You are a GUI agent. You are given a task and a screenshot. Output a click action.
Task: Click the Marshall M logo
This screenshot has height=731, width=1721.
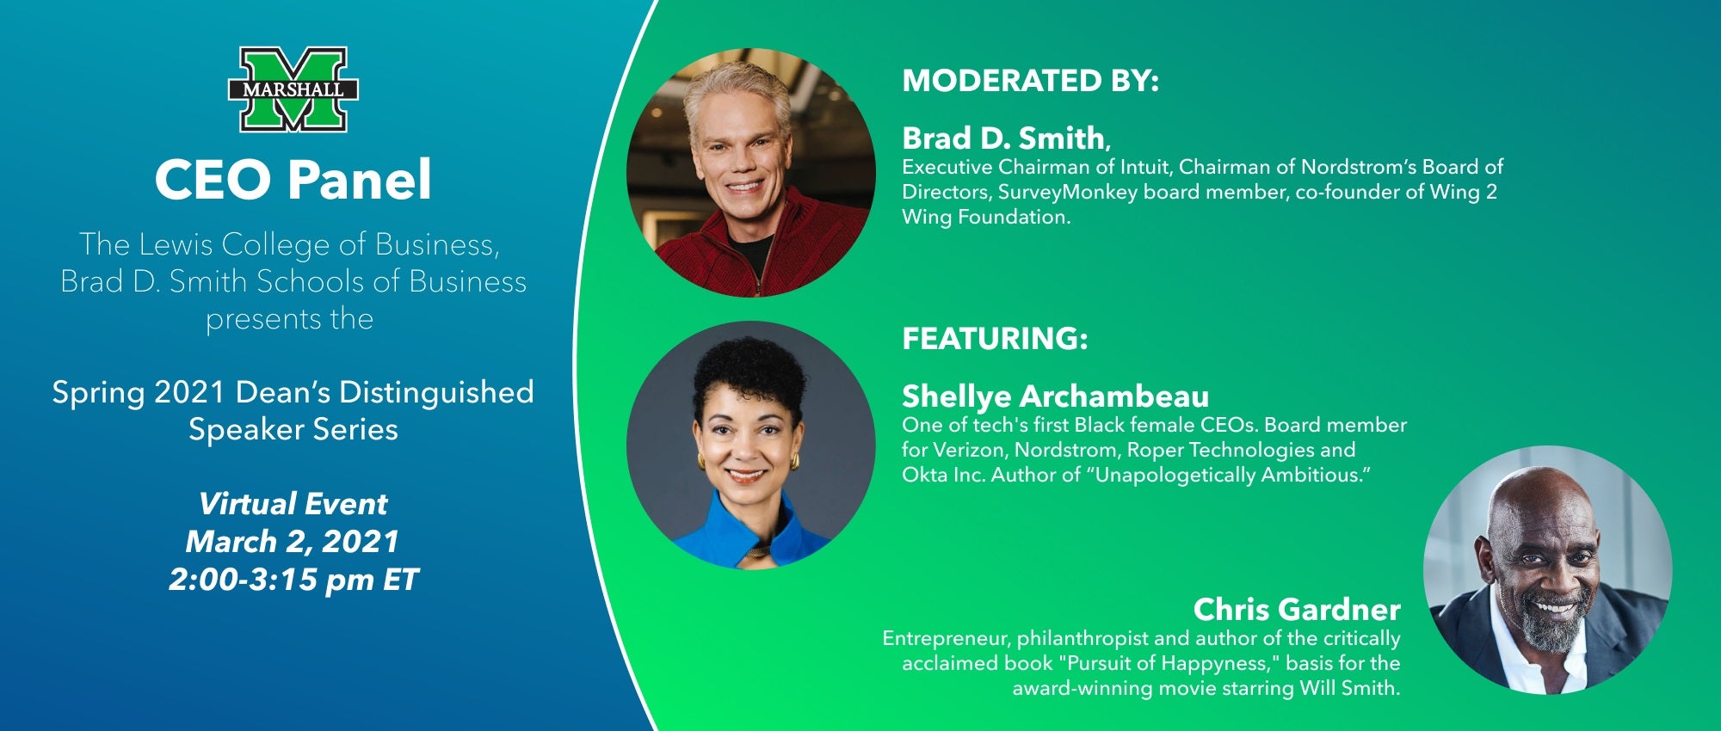[x=293, y=89]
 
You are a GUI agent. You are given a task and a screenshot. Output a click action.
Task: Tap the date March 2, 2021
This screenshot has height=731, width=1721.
[x=293, y=542]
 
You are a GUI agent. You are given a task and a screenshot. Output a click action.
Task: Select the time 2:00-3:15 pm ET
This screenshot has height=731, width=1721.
[x=293, y=580]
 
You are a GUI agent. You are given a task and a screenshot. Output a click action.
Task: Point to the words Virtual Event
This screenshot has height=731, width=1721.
[x=293, y=503]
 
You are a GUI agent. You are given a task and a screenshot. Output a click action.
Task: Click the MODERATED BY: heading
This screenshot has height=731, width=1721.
[x=1030, y=80]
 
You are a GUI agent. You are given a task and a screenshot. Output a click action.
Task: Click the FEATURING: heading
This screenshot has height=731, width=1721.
[x=995, y=338]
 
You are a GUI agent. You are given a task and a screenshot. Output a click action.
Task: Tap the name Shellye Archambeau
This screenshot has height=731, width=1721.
[x=1055, y=396]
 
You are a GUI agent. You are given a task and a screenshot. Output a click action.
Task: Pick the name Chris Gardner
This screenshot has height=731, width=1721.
[x=1297, y=609]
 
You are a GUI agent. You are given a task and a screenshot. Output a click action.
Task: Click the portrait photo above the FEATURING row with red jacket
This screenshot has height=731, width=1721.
[x=751, y=173]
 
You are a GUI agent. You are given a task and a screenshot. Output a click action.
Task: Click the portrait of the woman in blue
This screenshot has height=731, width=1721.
[x=751, y=445]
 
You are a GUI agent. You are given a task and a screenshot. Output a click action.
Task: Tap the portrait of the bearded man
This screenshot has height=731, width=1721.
[x=1548, y=569]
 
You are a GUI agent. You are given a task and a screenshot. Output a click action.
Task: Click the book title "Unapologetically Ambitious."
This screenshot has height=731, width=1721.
[x=1232, y=475]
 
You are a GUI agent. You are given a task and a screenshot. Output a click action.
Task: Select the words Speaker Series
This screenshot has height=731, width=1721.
[x=293, y=429]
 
